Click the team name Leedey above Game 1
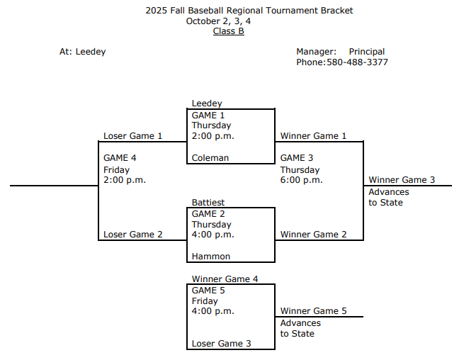[207, 103]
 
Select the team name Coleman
[210, 158]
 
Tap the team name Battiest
[209, 203]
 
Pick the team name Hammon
[211, 257]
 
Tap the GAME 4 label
[120, 158]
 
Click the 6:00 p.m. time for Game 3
[301, 180]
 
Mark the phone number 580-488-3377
[357, 62]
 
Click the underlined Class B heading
[229, 31]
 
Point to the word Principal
[367, 52]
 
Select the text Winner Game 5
[313, 311]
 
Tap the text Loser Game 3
[221, 344]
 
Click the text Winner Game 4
[225, 279]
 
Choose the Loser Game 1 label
[133, 136]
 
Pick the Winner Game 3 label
[402, 180]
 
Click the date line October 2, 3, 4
[218, 21]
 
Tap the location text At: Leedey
[83, 52]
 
